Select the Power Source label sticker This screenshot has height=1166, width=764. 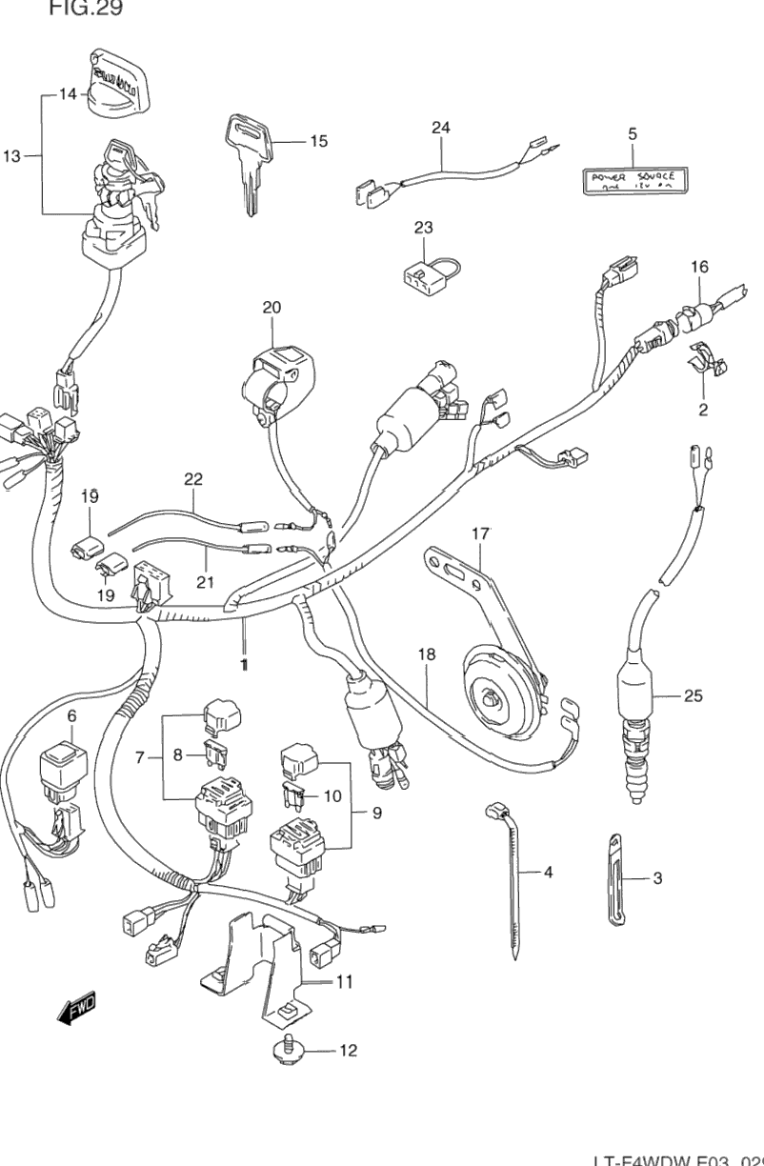(631, 179)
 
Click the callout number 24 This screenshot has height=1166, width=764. (439, 128)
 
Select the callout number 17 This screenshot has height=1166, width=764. (479, 535)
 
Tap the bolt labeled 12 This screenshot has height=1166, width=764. (290, 1050)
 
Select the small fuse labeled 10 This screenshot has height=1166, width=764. (294, 794)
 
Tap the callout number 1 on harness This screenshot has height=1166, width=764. (244, 664)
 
